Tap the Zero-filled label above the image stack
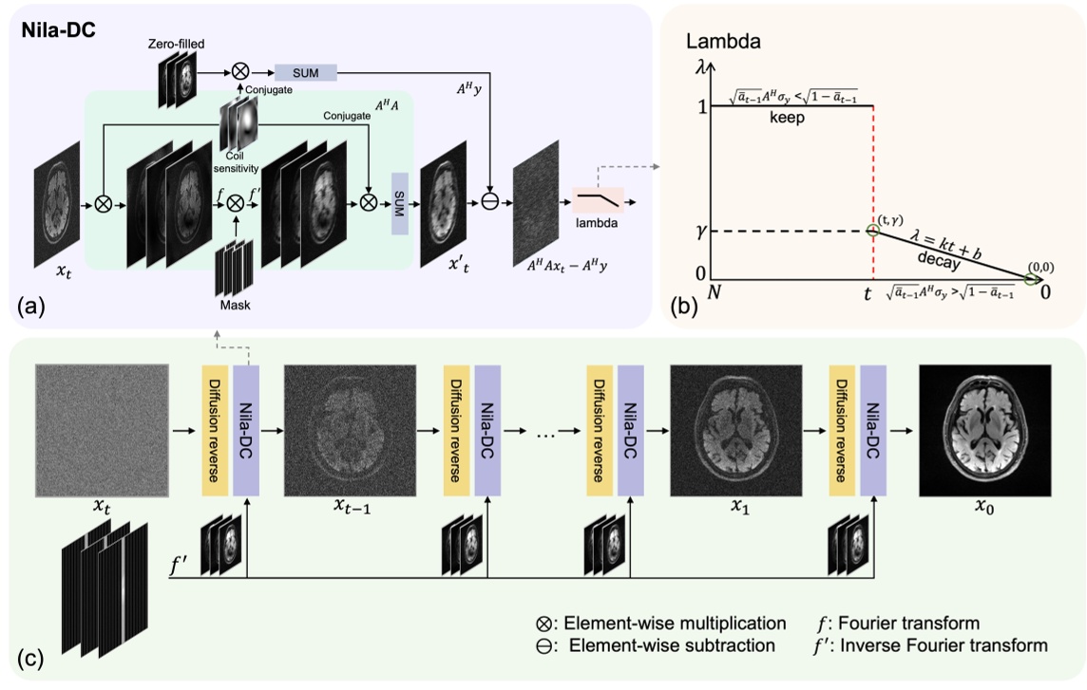coord(176,44)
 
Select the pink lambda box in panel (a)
coord(597,202)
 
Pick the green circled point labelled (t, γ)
coord(872,231)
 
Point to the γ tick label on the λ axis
coord(702,232)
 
